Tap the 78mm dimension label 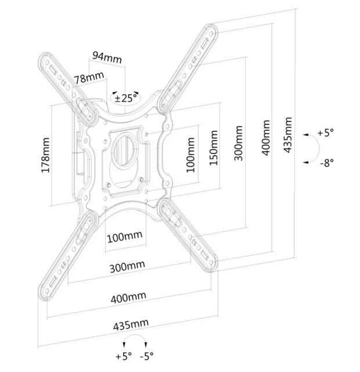(x=89, y=77)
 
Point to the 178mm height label (x=46, y=155)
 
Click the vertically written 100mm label (x=191, y=155)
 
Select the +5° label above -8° (x=326, y=133)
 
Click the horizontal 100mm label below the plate (x=124, y=237)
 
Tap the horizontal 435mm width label (x=132, y=324)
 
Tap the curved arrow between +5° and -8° (x=309, y=149)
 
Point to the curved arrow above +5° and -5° (x=135, y=340)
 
